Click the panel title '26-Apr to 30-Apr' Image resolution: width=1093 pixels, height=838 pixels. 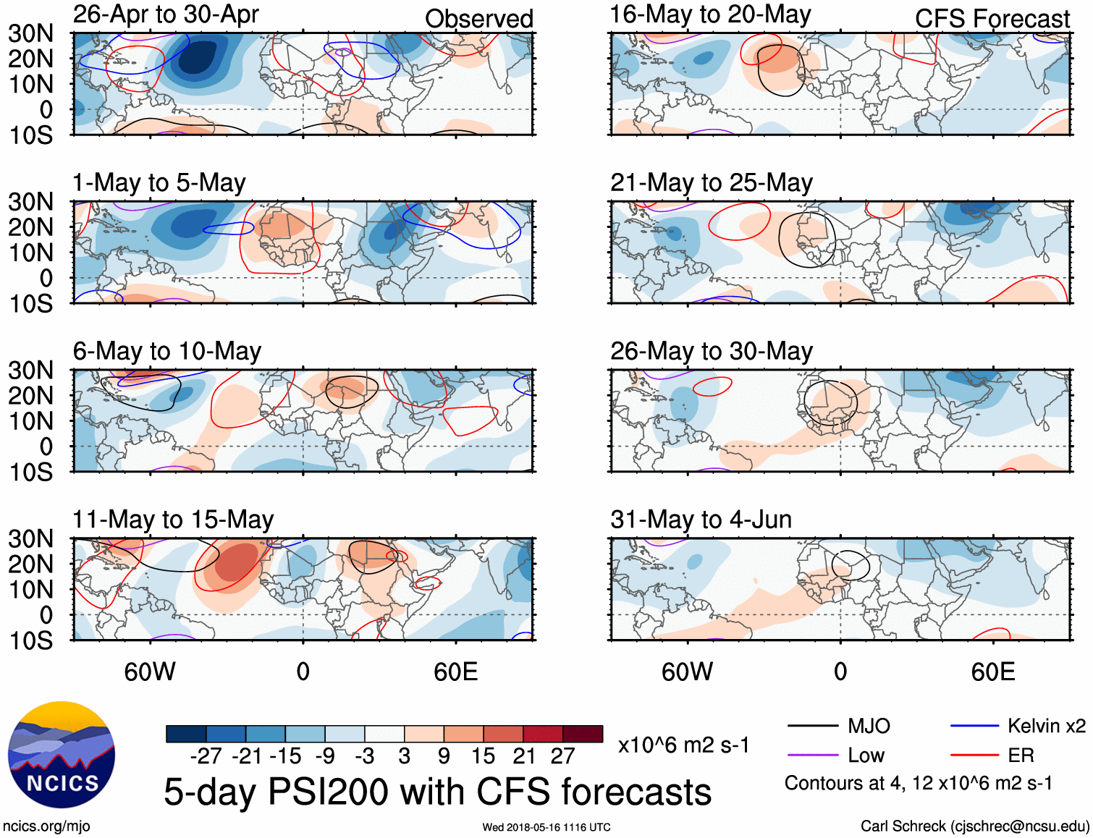[x=166, y=14]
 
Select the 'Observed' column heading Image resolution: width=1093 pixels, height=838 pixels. [x=478, y=19]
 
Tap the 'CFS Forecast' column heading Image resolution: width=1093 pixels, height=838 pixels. [x=992, y=19]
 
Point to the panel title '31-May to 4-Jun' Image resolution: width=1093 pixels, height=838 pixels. [x=701, y=520]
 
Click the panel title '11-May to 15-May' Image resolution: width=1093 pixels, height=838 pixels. [x=173, y=520]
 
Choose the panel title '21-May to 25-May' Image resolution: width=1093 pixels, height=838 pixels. [x=711, y=182]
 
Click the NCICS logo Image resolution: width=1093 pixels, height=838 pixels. [x=62, y=755]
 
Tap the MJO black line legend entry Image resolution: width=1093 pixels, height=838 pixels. [x=812, y=726]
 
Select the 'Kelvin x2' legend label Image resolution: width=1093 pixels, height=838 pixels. [x=1046, y=726]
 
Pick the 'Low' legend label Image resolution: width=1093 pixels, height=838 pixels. [x=866, y=756]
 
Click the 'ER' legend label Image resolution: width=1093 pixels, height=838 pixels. [x=1021, y=756]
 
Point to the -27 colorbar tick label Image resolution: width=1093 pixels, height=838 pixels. [x=206, y=756]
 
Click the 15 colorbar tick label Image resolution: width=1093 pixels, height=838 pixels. [x=483, y=756]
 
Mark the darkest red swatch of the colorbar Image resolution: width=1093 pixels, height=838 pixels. [x=583, y=734]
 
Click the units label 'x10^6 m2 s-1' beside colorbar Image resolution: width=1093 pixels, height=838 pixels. [x=683, y=745]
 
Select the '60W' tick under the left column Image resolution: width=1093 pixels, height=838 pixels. [x=150, y=672]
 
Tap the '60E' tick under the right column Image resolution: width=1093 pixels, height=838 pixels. [x=992, y=672]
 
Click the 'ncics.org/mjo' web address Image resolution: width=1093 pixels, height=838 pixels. [x=46, y=826]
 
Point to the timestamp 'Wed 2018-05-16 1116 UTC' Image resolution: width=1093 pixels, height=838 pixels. [x=546, y=827]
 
